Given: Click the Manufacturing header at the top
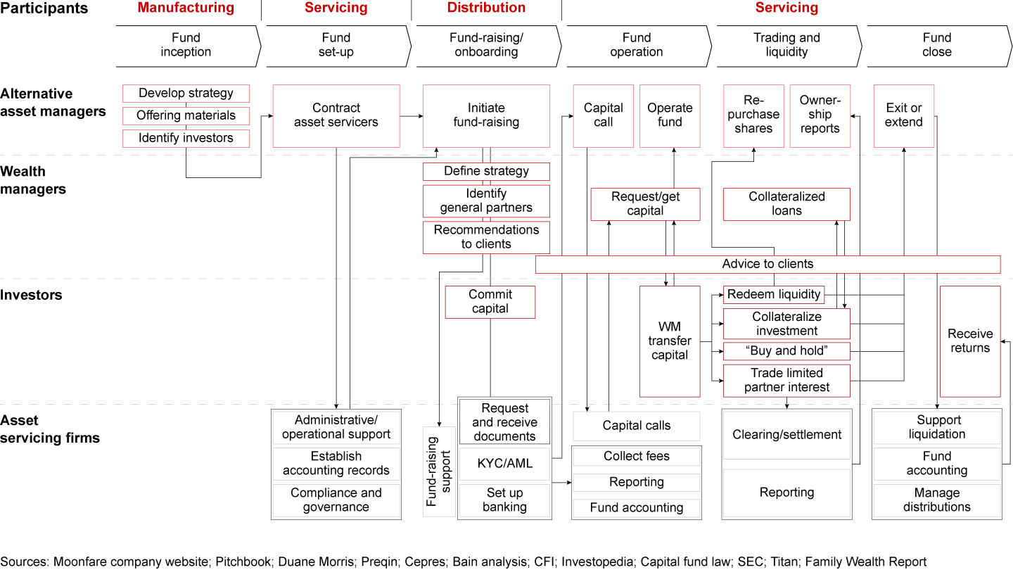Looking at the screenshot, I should tap(186, 8).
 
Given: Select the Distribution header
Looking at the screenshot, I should tap(486, 8).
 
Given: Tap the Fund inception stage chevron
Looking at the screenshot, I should tap(186, 45).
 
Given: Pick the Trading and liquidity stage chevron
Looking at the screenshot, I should tap(786, 45).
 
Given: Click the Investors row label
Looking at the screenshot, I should tap(31, 295).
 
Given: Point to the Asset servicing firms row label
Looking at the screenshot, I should tap(50, 429).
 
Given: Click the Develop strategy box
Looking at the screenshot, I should tap(186, 94).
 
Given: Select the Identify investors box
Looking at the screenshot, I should tap(186, 139).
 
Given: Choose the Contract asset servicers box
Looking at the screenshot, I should tap(336, 115).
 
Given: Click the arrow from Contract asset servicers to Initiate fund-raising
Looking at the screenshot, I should tap(411, 115).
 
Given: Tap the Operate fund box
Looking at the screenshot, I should tap(670, 115).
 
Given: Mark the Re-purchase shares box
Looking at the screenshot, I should tap(753, 115).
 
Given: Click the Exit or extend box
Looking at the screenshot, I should tap(904, 115).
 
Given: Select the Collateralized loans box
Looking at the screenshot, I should tap(786, 204).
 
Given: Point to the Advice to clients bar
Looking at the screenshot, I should tap(767, 265).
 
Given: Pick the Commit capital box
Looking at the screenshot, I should tap(490, 302).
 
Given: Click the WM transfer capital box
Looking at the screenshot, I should tap(670, 341).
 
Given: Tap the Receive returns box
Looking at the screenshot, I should tap(970, 341).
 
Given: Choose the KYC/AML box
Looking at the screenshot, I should tap(504, 464).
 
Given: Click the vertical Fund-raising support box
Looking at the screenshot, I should tap(440, 471).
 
